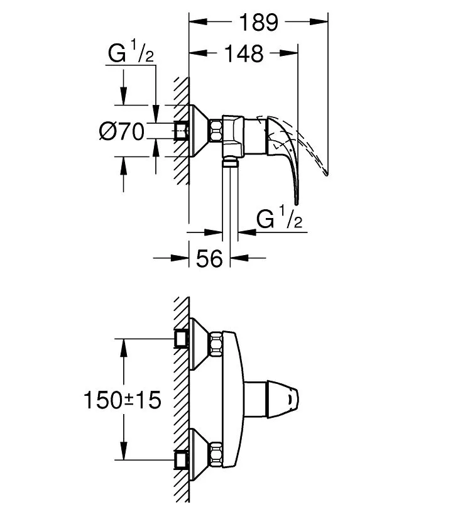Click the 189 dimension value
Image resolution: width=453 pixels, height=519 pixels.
tap(258, 23)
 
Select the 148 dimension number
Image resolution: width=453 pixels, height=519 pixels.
tap(244, 53)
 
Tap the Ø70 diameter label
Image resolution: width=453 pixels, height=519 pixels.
tap(122, 131)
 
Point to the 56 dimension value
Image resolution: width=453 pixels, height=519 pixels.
tap(209, 258)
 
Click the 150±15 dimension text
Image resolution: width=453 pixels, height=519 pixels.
tap(123, 400)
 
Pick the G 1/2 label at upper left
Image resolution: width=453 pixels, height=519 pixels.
tap(131, 51)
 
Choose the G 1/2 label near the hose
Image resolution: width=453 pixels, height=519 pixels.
tap(280, 217)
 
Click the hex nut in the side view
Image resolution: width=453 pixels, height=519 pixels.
tap(216, 131)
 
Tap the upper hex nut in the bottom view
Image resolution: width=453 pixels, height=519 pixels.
tap(216, 344)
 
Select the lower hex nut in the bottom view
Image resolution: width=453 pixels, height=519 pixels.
tap(216, 454)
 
